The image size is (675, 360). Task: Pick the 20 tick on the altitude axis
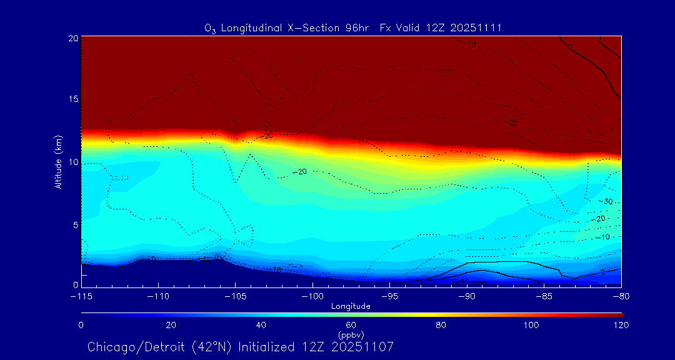click(x=72, y=37)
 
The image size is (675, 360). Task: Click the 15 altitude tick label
click(x=72, y=99)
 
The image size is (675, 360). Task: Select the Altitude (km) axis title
click(x=58, y=162)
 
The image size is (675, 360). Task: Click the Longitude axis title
click(x=351, y=306)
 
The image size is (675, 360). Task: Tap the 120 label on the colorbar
click(x=621, y=325)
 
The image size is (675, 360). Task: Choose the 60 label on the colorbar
click(x=351, y=325)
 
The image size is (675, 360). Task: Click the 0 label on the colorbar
click(x=81, y=325)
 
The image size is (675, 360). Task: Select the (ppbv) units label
click(x=351, y=335)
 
